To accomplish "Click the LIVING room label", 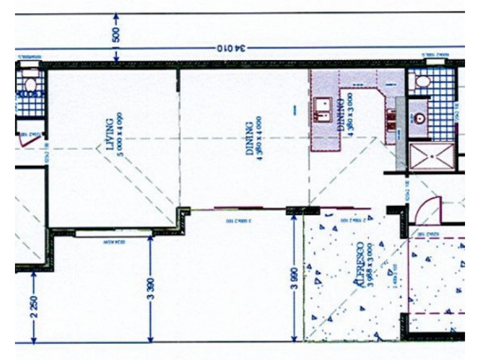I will pos(109,137).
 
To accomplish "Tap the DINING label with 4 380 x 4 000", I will pos(249,139).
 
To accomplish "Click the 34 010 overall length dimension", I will pos(229,48).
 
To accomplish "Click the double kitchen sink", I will pos(323,110).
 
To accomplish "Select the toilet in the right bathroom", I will pos(423,82).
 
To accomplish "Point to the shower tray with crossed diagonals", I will pos(431,155).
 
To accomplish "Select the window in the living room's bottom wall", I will pos(111,242).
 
